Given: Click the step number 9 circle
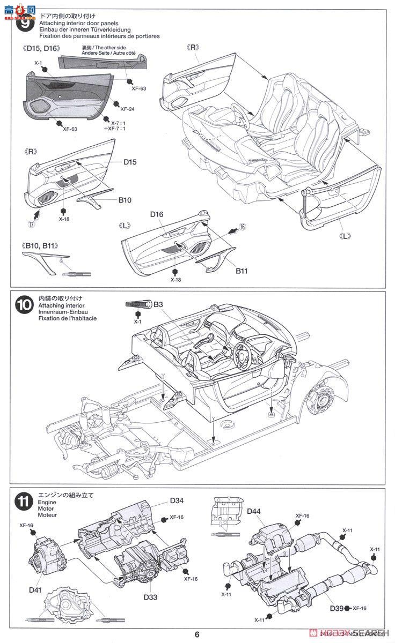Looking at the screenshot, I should [25, 25].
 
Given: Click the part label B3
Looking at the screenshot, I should [158, 305].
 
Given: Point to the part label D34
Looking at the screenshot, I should [177, 501].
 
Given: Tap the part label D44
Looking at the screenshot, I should [253, 511].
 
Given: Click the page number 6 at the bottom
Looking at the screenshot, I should [197, 635].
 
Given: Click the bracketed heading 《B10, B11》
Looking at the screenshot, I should [40, 246].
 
